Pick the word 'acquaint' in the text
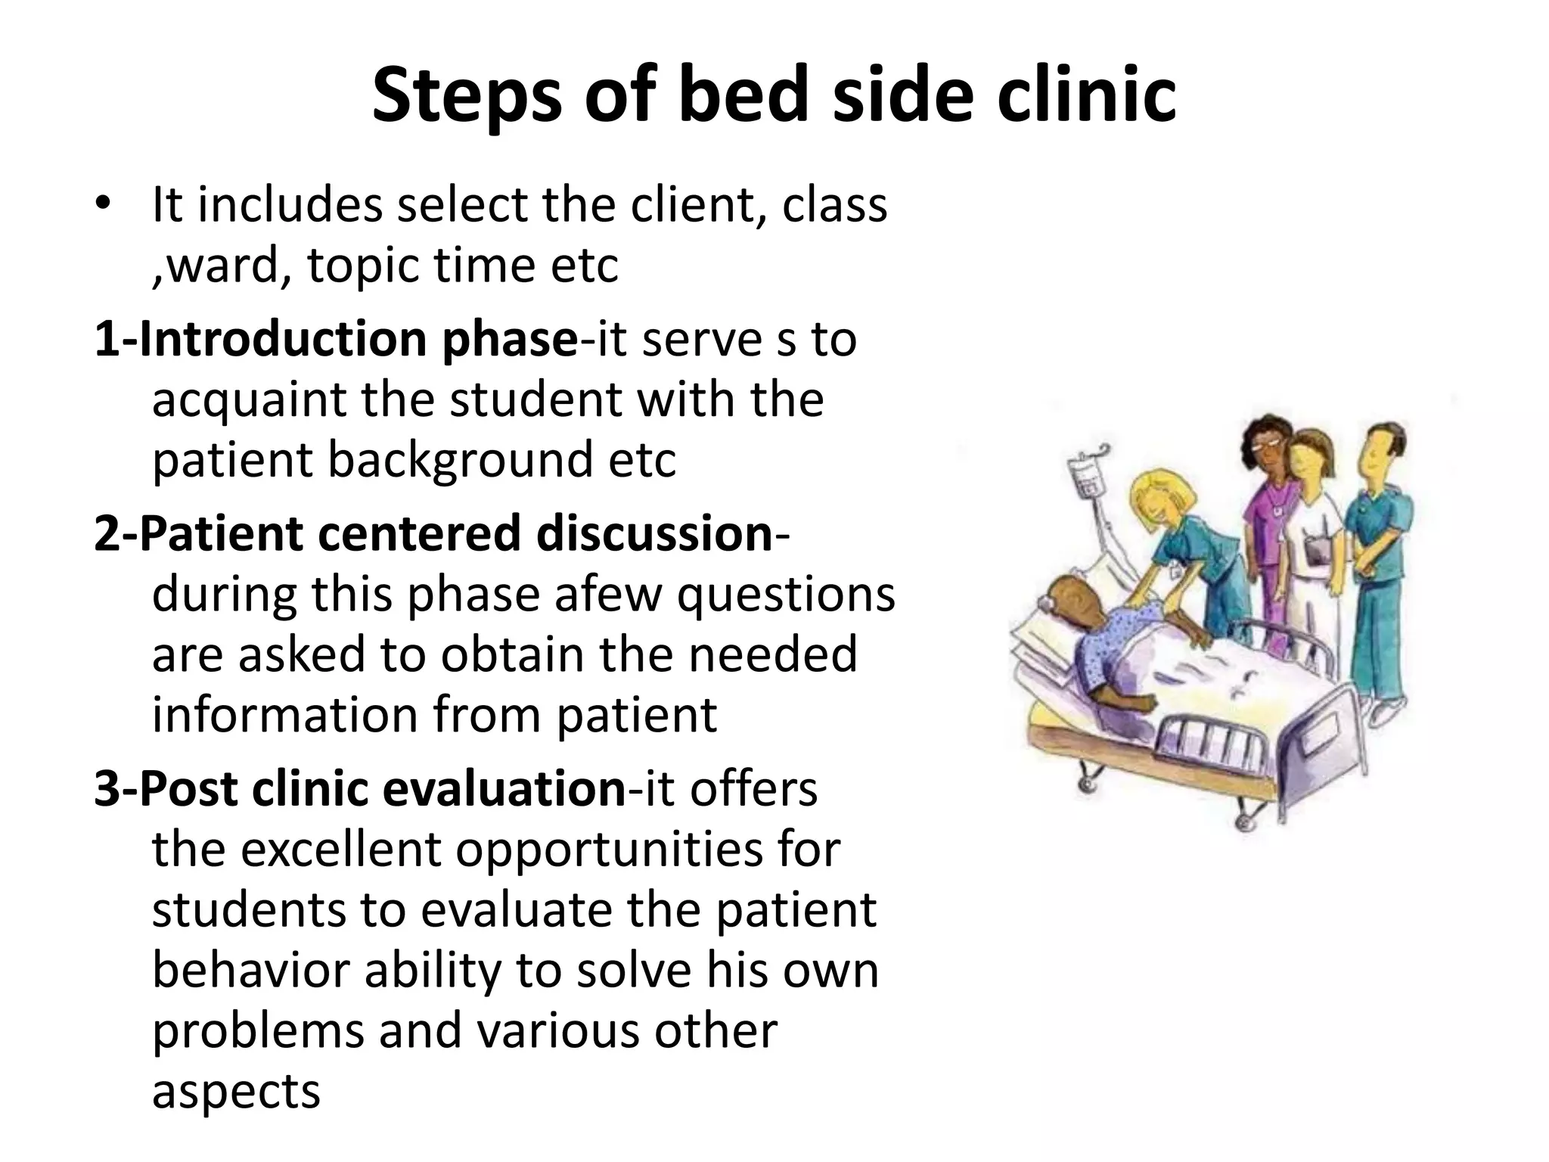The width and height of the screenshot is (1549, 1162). tap(249, 399)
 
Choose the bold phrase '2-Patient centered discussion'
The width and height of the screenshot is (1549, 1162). tap(433, 533)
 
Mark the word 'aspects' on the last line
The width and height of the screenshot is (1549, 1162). tap(236, 1091)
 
